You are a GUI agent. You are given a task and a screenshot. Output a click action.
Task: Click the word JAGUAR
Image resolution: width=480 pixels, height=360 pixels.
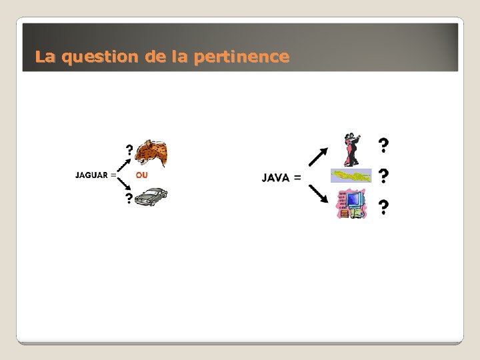point(92,175)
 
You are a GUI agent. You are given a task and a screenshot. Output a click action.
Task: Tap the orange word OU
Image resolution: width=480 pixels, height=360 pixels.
point(141,175)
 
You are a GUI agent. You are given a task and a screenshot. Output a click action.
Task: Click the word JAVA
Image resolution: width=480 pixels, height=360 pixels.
point(275,177)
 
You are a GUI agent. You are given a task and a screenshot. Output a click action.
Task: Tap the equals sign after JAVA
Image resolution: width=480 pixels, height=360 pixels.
point(297,177)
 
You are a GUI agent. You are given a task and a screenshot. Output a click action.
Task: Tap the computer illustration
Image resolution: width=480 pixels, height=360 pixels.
point(352,204)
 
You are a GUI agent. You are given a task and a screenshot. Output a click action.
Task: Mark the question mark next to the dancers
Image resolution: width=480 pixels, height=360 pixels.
point(383,144)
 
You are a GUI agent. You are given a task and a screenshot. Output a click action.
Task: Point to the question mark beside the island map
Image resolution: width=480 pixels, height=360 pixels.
point(383,177)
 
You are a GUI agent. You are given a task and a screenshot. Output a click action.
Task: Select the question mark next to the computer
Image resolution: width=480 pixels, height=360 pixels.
point(383,208)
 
